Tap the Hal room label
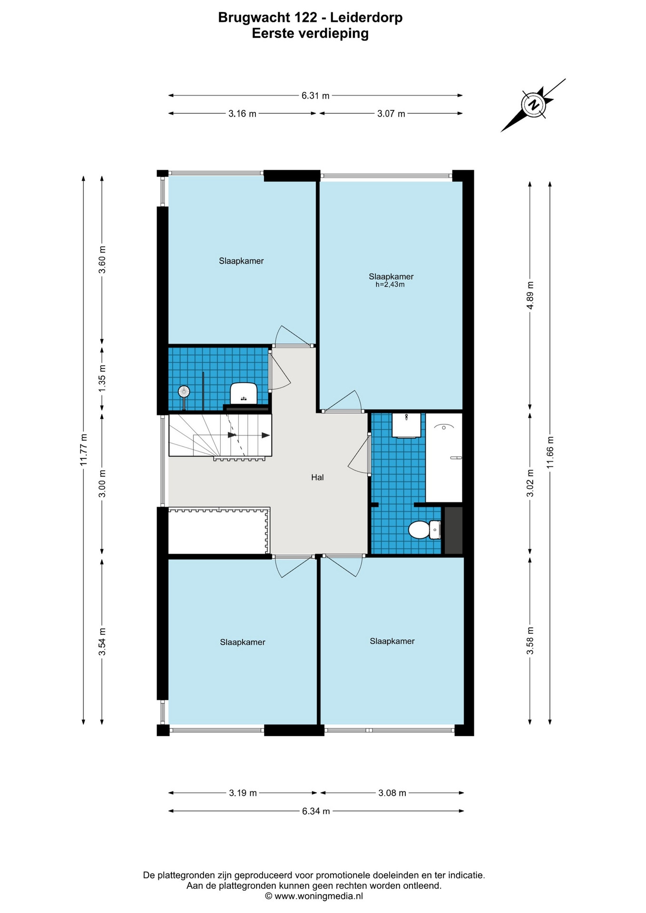pos(317,477)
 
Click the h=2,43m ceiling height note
pos(390,285)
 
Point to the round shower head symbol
pos(184,392)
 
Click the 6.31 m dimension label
pos(315,96)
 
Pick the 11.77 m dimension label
pos(83,450)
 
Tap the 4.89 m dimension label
pos(530,295)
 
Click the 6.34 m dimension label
pos(316,811)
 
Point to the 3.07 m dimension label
pos(391,114)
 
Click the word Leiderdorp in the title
pos(366,18)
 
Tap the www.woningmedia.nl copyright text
pos(314,896)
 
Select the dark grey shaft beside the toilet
pos(453,530)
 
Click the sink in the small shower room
pos(244,394)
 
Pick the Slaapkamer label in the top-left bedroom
pos(241,261)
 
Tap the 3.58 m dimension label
pos(530,641)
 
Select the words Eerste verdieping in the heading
pos(310,34)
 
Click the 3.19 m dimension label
pos(243,793)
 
